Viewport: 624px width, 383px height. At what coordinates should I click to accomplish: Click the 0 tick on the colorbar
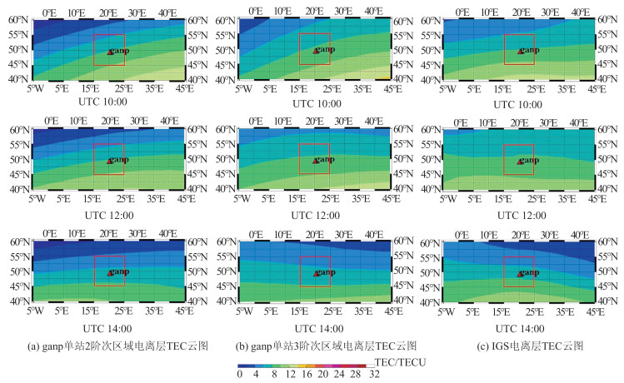239,375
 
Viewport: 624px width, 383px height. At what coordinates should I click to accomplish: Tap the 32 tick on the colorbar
375,375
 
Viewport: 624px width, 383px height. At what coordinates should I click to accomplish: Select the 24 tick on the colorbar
341,375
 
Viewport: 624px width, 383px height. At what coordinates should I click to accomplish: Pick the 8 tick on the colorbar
272,375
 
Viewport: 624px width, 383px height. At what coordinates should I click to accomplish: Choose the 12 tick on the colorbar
290,375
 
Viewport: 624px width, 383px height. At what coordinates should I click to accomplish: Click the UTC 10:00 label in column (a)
107,104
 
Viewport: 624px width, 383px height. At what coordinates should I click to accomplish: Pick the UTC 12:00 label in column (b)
313,214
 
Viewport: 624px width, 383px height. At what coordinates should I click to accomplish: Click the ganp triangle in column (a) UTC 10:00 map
109,52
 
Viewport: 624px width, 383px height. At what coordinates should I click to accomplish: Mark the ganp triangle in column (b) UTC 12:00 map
315,162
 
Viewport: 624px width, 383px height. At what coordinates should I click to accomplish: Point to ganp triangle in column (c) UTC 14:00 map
520,273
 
